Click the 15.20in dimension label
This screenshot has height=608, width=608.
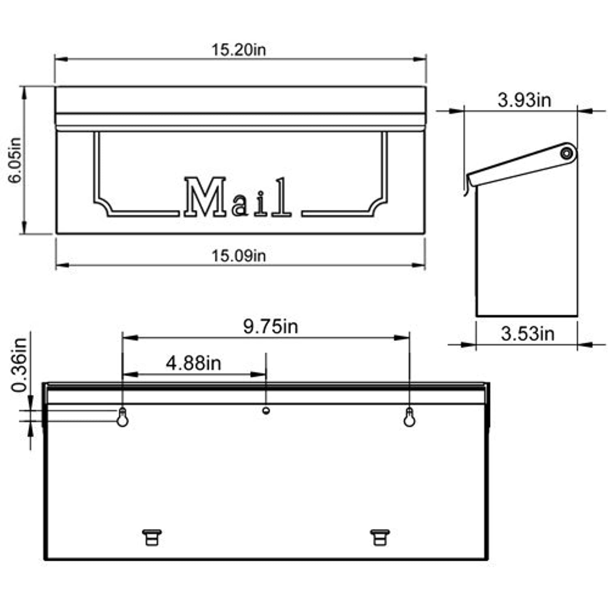pos(238,50)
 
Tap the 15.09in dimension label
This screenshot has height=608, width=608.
pos(238,256)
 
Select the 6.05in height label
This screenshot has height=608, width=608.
pos(15,160)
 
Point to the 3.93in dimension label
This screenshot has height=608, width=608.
pos(524,100)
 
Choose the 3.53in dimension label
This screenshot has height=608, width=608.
pos(527,334)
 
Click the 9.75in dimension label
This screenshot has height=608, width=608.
pos(270,326)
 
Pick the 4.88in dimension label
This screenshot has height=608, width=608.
pos(193,363)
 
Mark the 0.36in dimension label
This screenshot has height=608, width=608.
pos(19,364)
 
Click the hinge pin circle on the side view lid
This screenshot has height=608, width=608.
pos(566,154)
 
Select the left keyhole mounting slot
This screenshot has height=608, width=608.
pos(122,417)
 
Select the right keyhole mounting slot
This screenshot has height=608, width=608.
pos(409,417)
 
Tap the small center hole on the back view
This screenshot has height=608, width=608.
pos(266,411)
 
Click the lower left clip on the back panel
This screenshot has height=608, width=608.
pos(152,537)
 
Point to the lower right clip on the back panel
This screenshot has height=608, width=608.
pos(380,537)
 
